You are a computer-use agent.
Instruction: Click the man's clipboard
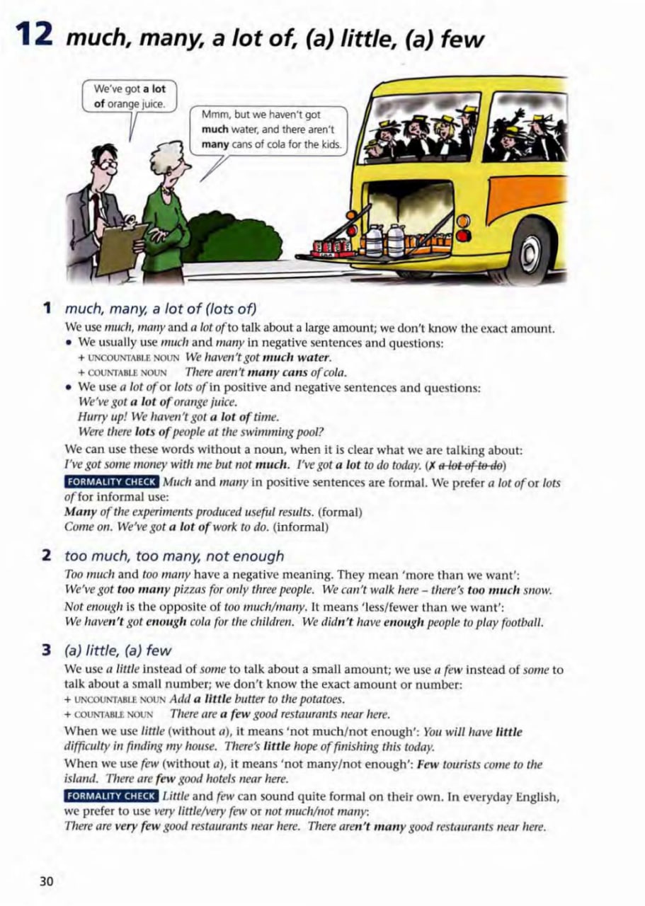point(119,248)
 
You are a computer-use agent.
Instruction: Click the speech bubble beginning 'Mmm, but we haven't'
point(271,130)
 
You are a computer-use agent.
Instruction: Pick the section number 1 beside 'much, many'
point(47,309)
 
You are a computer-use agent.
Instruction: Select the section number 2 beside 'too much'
point(47,556)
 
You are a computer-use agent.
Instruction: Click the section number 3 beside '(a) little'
point(47,650)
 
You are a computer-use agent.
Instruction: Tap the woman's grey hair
point(171,152)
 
